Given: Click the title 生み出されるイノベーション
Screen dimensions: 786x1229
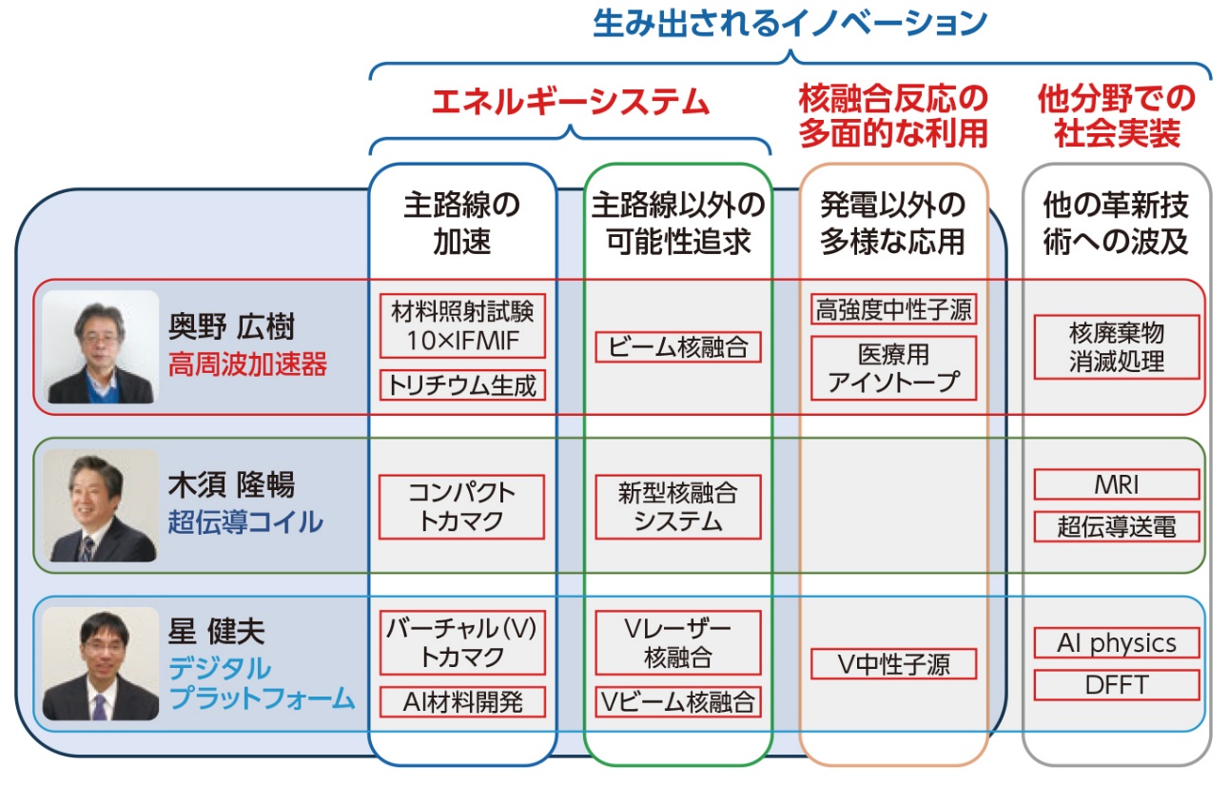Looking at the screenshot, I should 790,24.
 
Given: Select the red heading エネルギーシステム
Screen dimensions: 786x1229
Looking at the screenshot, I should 571,101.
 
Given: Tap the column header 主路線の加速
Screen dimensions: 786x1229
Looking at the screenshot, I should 462,223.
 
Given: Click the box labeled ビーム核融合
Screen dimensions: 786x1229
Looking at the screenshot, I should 678,347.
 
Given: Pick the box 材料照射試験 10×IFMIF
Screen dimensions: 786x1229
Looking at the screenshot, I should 462,326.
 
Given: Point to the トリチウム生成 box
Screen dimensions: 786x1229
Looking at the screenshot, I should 462,385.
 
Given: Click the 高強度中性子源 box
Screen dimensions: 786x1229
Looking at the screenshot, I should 893,310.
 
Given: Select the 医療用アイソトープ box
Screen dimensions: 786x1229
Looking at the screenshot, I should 893,368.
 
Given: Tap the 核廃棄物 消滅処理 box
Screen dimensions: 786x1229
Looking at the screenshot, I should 1116,347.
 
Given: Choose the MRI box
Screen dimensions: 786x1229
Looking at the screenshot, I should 1116,485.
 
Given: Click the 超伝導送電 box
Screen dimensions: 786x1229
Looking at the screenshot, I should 1116,526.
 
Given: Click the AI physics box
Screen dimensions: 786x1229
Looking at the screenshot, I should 1116,643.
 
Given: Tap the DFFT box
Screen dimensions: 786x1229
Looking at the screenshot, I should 1116,685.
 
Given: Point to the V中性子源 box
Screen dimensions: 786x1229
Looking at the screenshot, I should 893,664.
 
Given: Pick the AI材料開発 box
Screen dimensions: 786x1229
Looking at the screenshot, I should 462,702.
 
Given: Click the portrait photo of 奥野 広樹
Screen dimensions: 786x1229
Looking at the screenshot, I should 101,346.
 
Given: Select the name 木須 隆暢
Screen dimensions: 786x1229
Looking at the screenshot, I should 231,485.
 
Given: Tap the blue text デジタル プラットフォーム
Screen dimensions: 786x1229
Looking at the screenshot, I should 262,683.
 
